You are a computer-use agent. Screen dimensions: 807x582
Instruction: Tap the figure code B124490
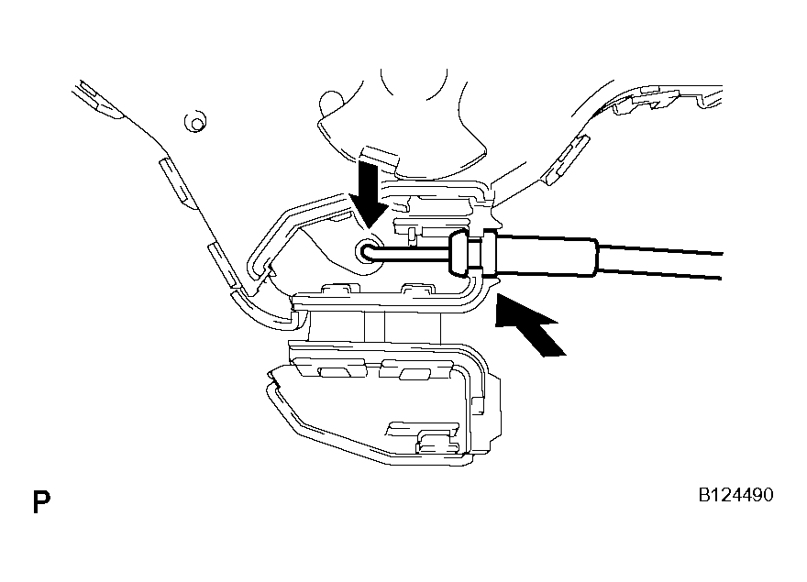pos(735,495)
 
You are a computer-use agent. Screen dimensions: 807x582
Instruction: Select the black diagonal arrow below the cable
pos(528,324)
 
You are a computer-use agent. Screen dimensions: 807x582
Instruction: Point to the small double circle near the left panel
pos(196,123)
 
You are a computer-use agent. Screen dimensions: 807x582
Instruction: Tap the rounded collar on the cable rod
pos(458,252)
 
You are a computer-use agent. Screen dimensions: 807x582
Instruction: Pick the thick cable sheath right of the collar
pos(546,255)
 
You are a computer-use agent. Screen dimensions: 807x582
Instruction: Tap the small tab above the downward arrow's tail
pos(381,158)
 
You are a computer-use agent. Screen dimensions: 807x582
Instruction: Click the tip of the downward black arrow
pos(369,227)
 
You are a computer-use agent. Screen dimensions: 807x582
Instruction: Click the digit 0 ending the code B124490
pos(768,495)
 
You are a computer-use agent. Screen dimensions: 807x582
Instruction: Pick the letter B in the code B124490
pos(704,495)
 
